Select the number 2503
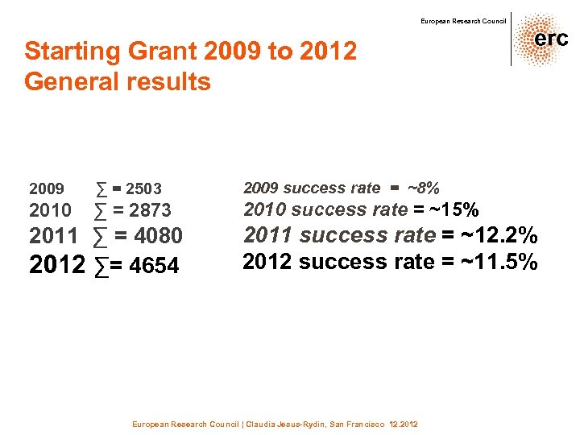[143, 189]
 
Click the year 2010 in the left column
[50, 211]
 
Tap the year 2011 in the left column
[53, 237]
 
